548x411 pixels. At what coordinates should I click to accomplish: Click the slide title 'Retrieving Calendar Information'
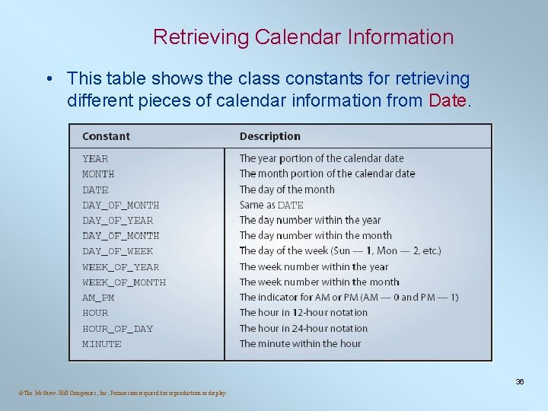(x=303, y=37)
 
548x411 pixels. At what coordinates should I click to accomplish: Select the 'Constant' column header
(x=106, y=136)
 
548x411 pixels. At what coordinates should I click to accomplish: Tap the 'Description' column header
(x=269, y=136)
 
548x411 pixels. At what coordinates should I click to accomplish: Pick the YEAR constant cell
(x=95, y=158)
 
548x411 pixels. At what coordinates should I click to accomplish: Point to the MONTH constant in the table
(x=98, y=174)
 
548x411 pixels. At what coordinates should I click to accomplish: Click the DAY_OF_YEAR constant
(x=117, y=220)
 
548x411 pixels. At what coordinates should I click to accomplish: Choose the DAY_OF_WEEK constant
(x=117, y=251)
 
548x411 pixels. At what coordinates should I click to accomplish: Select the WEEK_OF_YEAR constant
(x=120, y=266)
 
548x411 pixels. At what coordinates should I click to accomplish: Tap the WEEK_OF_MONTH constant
(x=123, y=282)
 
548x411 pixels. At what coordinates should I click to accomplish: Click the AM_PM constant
(x=98, y=298)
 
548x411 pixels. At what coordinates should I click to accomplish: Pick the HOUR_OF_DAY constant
(x=117, y=329)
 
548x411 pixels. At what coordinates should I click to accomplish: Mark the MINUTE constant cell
(x=101, y=344)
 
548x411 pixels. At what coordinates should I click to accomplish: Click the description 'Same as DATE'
(x=271, y=205)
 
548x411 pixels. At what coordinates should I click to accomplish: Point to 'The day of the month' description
(x=287, y=190)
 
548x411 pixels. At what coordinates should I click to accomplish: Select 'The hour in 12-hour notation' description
(x=303, y=313)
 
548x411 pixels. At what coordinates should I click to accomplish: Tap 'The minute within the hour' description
(x=300, y=344)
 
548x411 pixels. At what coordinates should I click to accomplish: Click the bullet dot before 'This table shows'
(x=48, y=79)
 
